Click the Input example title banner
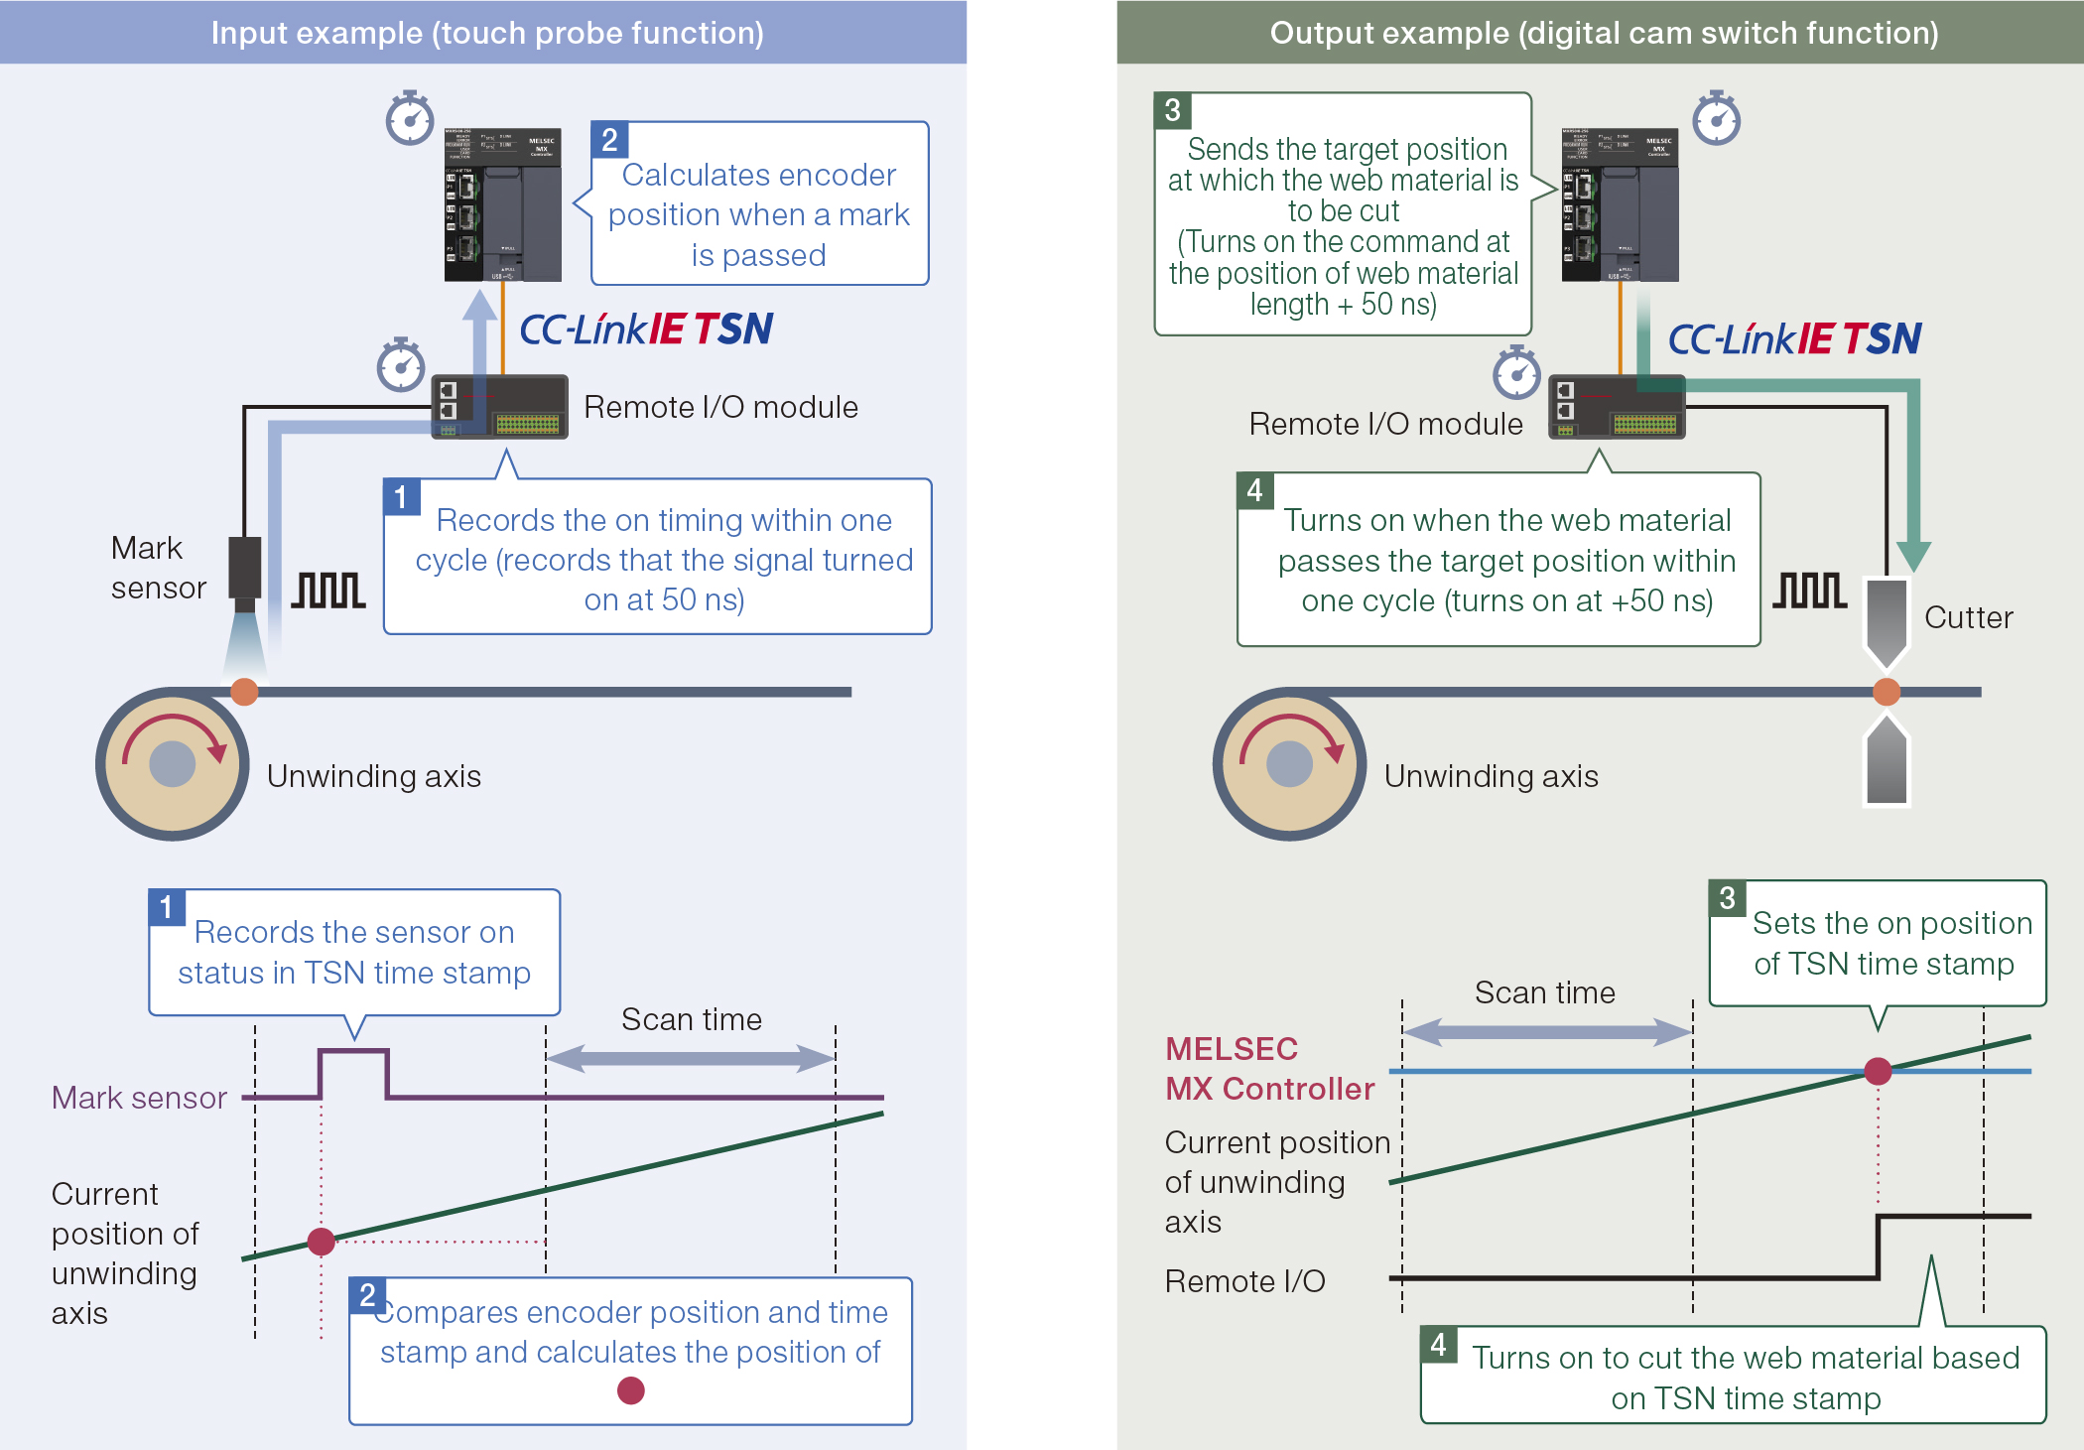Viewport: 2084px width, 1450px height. click(483, 33)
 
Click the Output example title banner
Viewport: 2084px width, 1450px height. click(1600, 33)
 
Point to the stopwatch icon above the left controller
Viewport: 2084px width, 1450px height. click(410, 119)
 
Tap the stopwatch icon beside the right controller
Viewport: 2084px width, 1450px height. click(1717, 119)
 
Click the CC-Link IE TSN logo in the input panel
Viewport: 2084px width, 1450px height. click(646, 330)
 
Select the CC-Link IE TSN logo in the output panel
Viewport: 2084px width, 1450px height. click(1794, 339)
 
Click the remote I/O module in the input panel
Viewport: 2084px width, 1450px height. click(500, 407)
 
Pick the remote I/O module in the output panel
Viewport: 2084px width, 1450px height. click(1618, 407)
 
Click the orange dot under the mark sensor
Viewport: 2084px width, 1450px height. click(244, 692)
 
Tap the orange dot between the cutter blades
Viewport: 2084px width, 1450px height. click(1887, 692)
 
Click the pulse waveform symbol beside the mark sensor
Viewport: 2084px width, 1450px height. click(328, 591)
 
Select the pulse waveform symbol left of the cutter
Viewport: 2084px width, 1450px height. click(1810, 591)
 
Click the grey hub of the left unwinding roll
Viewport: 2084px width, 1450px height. click(173, 764)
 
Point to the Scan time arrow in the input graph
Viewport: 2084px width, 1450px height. click(691, 1059)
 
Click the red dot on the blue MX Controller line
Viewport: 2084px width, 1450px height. click(1878, 1072)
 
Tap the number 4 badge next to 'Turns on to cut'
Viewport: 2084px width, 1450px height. click(1438, 1345)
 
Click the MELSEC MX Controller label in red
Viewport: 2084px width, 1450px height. click(1269, 1069)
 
